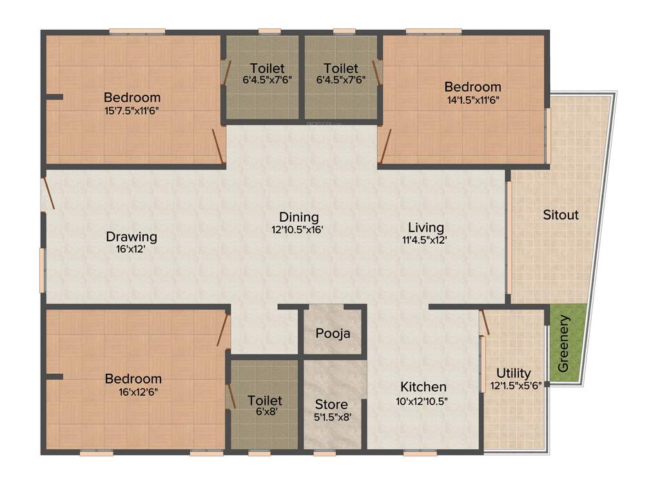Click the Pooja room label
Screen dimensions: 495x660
pos(333,333)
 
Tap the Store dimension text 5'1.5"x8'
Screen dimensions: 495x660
pos(331,416)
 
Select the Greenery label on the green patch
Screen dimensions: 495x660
pos(563,352)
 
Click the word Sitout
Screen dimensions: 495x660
pos(560,215)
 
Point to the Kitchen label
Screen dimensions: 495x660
pos(423,387)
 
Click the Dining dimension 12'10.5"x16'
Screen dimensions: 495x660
pos(298,229)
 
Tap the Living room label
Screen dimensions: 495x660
pos(426,227)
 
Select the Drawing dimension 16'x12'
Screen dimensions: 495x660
pos(131,249)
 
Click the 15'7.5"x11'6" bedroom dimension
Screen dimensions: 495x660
pos(132,110)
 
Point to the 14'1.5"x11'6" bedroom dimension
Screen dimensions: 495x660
pos(472,99)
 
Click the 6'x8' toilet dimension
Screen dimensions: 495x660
pos(264,413)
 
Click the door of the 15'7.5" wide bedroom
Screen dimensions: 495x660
pos(218,146)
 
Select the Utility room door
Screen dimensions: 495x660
pos(485,322)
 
